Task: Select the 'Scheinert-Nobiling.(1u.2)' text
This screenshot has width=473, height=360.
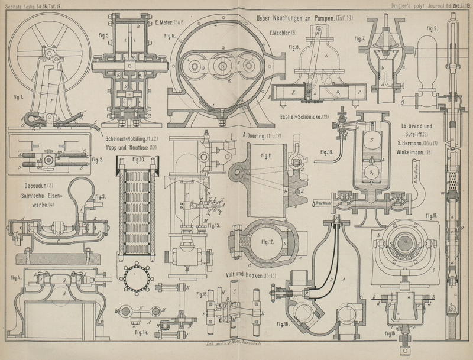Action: (135, 134)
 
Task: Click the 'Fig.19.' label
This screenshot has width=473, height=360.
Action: (326, 153)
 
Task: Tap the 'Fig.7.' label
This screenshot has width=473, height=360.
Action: (359, 39)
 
